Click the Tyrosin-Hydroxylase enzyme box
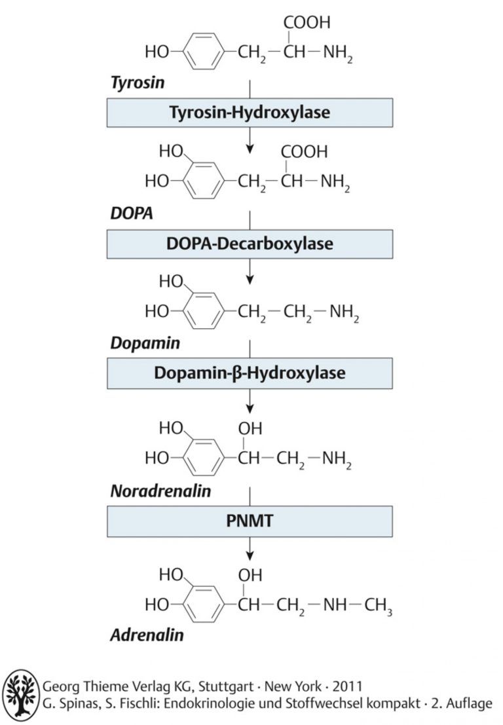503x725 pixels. [x=250, y=113]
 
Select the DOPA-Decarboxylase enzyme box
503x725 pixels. [x=250, y=244]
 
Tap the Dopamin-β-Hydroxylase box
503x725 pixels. [x=250, y=373]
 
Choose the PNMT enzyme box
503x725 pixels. [x=250, y=521]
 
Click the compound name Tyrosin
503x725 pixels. [x=138, y=83]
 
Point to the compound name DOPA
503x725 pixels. [x=132, y=213]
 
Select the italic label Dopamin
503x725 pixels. [x=145, y=343]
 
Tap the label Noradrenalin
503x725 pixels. [x=161, y=491]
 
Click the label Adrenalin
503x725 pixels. [x=147, y=635]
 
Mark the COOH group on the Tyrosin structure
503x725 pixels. [x=307, y=22]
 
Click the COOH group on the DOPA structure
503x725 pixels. [x=304, y=152]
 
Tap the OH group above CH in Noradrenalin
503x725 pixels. [x=250, y=428]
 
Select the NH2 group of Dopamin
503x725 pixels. [x=344, y=312]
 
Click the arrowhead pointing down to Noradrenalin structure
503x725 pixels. [x=250, y=409]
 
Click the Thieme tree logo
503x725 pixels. [x=21, y=695]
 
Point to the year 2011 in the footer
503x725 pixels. [x=347, y=686]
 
